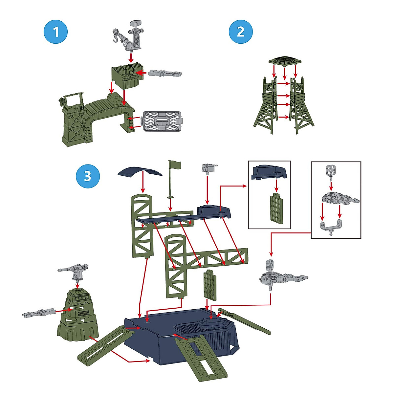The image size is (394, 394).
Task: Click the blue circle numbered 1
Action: tap(56, 32)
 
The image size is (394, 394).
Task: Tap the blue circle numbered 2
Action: tap(241, 32)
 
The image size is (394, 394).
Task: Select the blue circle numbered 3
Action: tap(87, 176)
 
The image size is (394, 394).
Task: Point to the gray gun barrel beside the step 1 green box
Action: tap(164, 73)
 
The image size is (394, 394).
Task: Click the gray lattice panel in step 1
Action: tap(162, 121)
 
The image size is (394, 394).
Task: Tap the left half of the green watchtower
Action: tap(266, 105)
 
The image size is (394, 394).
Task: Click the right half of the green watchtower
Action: tap(301, 105)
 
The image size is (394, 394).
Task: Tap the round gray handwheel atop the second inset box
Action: tap(331, 170)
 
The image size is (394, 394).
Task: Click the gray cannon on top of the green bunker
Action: tap(75, 271)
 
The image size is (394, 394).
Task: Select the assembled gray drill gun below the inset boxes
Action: tap(281, 276)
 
